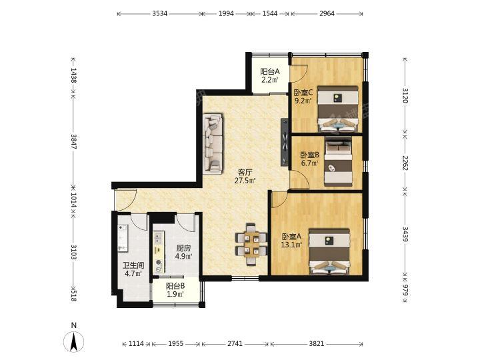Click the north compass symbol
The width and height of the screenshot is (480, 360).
[x=73, y=341]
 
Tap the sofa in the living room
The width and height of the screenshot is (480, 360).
[x=213, y=143]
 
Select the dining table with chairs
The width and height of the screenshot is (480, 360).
[x=251, y=244]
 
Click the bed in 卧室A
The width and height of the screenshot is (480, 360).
[x=329, y=251]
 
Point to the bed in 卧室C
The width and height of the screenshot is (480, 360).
[x=337, y=109]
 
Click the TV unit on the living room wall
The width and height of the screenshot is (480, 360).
[x=285, y=142]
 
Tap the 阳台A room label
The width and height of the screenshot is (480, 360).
[x=270, y=72]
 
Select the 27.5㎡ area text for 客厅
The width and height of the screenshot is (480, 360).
[x=245, y=181]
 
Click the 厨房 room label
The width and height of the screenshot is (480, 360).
[x=183, y=248]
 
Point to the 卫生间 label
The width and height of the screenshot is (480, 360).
[x=133, y=265]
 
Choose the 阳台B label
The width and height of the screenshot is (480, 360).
[x=175, y=286]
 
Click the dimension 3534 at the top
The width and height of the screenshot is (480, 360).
[x=160, y=13]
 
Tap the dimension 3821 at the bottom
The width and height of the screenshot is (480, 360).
[x=316, y=344]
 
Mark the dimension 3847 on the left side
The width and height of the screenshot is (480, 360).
[x=73, y=141]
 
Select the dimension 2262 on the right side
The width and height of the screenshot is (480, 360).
[x=405, y=163]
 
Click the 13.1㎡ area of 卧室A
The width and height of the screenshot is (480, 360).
[x=292, y=245]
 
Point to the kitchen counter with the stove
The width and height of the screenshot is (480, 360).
[x=159, y=252]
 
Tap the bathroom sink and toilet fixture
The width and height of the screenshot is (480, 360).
[x=123, y=238]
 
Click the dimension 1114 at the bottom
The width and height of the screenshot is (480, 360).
[x=136, y=344]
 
